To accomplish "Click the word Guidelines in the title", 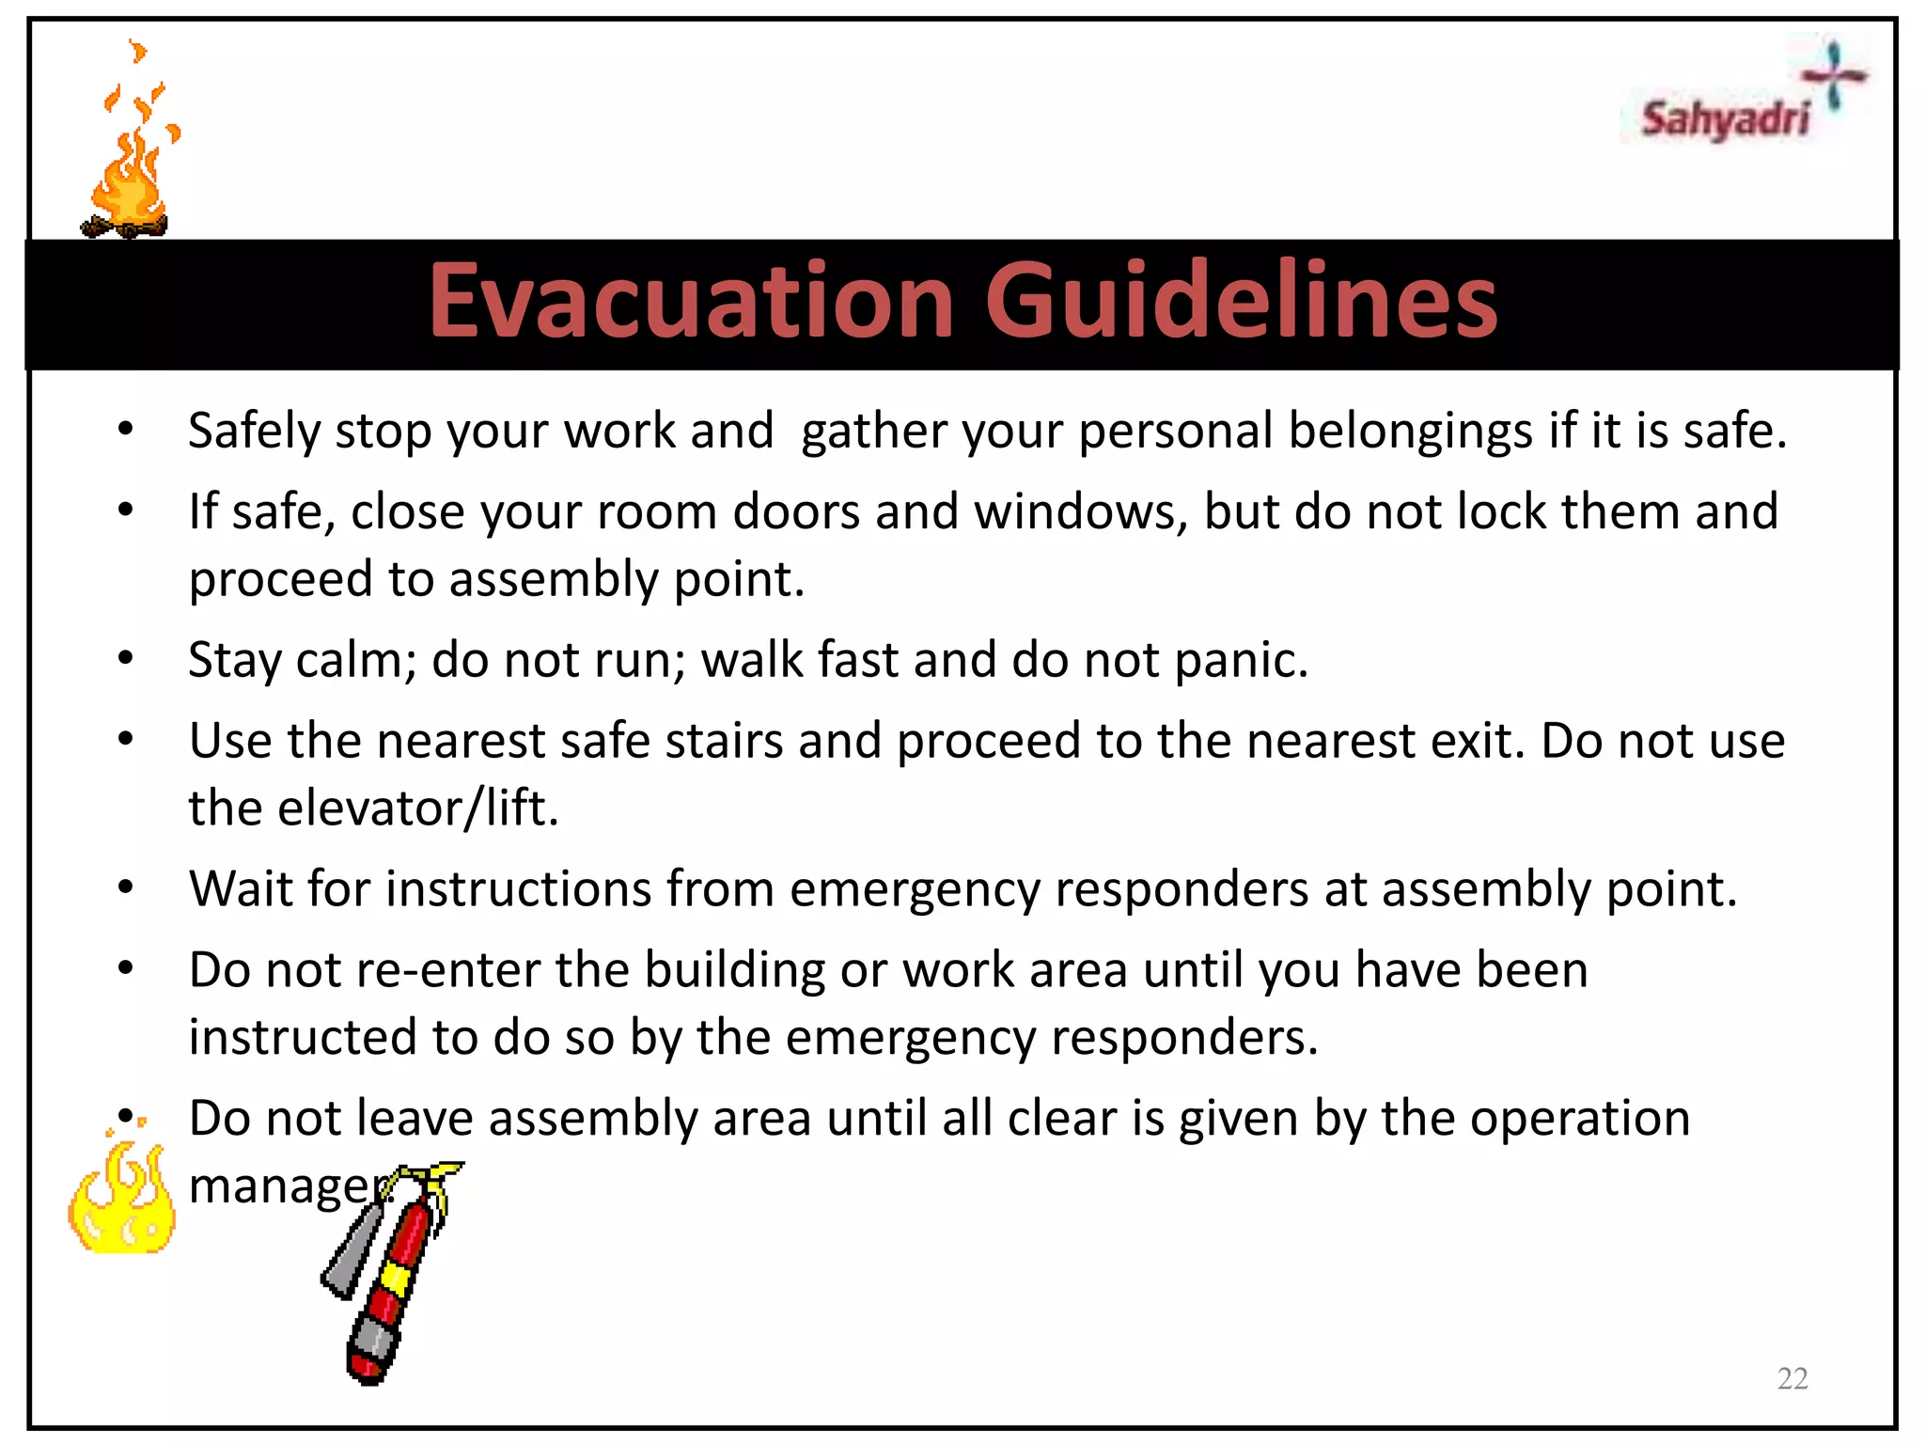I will coord(1241,301).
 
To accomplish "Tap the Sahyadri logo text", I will coord(1724,120).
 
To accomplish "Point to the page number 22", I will coord(1792,1378).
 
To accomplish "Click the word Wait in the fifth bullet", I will coord(241,888).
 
